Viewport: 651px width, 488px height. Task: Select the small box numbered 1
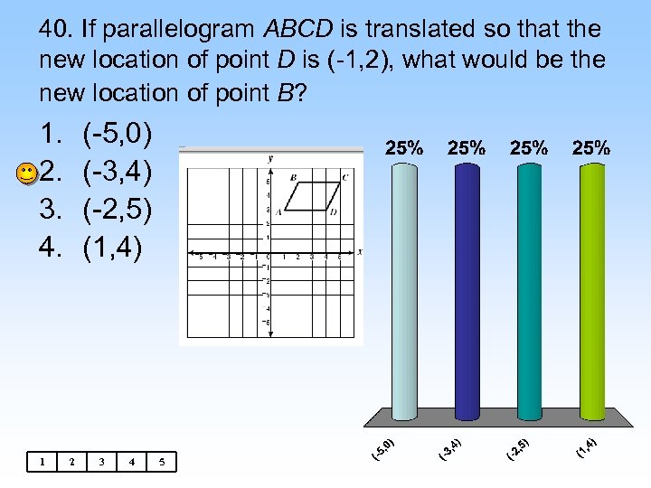tap(42, 462)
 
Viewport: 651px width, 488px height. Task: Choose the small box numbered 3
tap(101, 462)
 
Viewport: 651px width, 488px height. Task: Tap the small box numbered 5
tap(161, 462)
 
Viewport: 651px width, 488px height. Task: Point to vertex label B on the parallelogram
tap(293, 178)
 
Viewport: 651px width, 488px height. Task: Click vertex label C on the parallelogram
tap(345, 178)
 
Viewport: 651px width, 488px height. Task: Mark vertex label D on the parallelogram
tap(333, 212)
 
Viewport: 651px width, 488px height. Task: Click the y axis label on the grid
tap(270, 159)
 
